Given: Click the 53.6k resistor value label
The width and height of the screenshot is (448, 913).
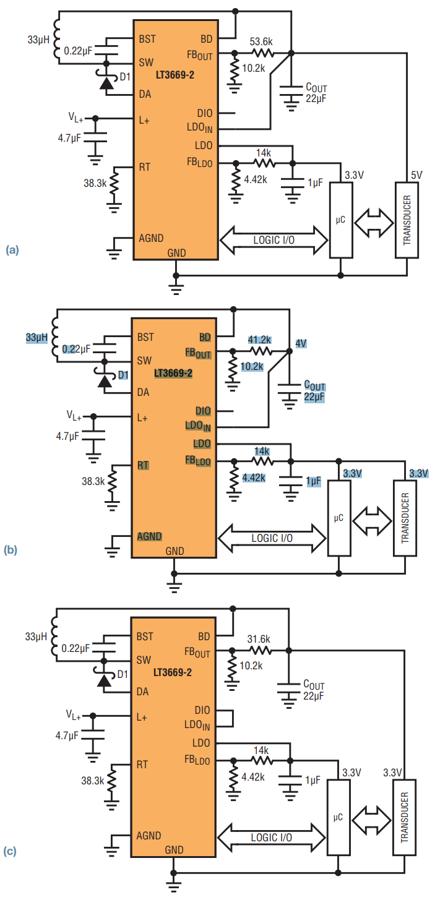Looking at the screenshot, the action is tap(261, 41).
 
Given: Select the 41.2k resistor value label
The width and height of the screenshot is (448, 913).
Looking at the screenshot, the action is tap(259, 340).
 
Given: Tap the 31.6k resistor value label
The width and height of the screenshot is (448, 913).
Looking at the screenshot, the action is tap(259, 639).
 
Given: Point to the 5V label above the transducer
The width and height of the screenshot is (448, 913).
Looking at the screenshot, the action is tap(416, 175).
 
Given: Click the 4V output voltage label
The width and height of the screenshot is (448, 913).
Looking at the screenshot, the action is tap(301, 343).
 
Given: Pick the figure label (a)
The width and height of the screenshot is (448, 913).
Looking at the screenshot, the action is tap(12, 250).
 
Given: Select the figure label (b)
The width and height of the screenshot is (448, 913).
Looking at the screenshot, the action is tap(10, 550).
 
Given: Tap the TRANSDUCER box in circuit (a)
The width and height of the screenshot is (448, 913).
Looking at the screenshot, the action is tap(407, 220).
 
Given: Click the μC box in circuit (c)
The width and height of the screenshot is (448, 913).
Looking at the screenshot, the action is tap(338, 817).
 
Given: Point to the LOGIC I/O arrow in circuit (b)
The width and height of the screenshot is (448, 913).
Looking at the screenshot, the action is tap(272, 538).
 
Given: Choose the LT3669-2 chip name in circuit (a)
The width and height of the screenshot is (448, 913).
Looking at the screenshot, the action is tap(175, 75).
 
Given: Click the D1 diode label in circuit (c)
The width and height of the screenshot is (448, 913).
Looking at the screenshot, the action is tap(123, 674).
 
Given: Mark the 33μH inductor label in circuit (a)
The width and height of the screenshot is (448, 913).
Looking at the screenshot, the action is tap(38, 40).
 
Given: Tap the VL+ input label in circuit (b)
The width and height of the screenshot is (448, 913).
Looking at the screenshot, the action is tap(74, 416).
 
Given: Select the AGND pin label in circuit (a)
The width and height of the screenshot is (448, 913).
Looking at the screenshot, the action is tap(151, 238).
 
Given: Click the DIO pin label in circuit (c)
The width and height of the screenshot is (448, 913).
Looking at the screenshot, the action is tap(202, 710).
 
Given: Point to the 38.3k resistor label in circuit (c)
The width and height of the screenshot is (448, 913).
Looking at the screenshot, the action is tap(93, 781).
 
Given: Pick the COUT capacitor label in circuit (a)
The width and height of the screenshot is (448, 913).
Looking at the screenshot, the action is tap(316, 88).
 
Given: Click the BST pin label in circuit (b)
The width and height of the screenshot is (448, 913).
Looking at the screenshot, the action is tap(145, 337).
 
